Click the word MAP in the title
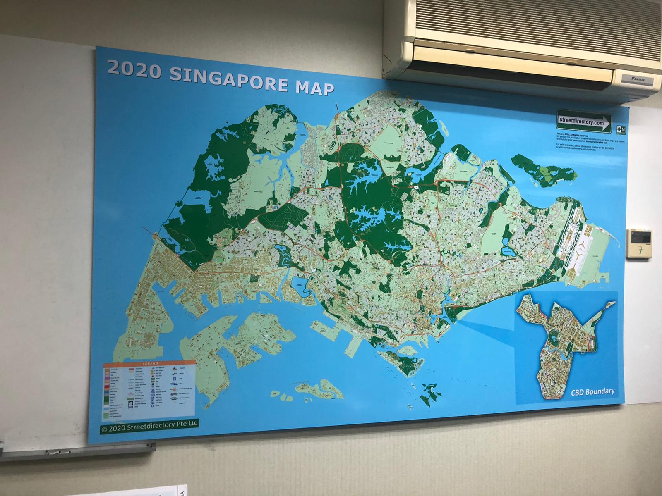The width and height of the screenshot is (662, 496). tap(310, 88)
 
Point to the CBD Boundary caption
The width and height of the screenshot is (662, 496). tap(592, 391)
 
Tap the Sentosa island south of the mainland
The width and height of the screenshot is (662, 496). tap(403, 360)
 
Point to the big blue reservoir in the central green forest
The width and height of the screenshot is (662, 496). tap(364, 186)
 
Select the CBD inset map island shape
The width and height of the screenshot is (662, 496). tap(563, 339)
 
